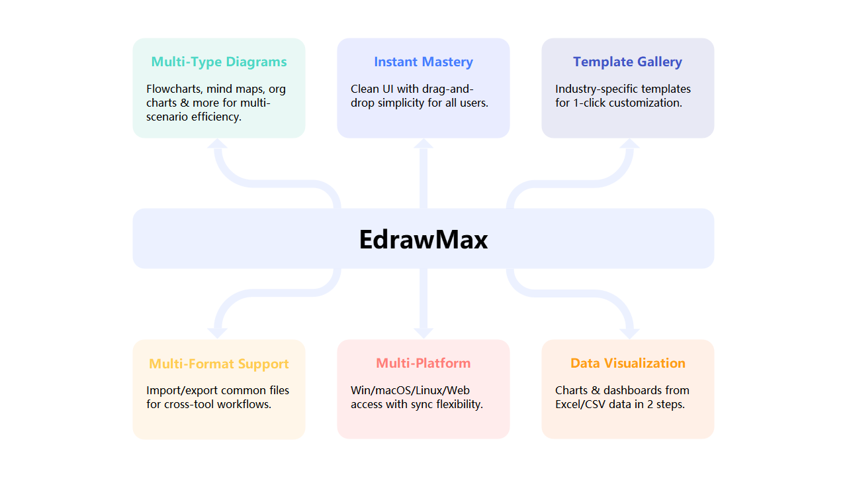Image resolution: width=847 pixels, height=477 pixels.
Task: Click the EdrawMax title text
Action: tap(423, 239)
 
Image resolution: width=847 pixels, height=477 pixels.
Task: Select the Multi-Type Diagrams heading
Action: tap(219, 62)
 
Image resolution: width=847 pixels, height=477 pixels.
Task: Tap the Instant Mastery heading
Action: tap(423, 62)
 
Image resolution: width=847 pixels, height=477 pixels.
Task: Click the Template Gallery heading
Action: tap(627, 62)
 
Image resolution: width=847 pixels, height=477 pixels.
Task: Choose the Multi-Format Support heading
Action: tap(219, 364)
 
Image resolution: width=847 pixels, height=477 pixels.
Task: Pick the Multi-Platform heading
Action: tap(423, 363)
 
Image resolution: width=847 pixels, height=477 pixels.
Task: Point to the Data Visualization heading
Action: tap(628, 363)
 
